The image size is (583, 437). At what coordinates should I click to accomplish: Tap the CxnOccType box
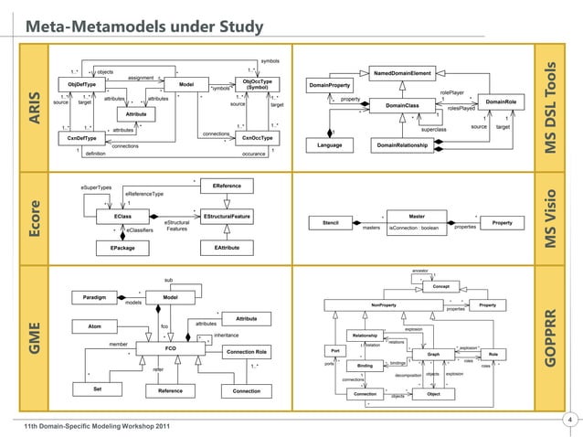tap(260, 137)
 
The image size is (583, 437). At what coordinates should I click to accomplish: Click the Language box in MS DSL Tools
tap(329, 145)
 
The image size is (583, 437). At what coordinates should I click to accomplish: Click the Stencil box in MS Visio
tap(332, 221)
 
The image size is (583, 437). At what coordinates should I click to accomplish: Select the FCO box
tap(169, 348)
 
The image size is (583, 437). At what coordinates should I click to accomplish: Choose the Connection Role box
tap(246, 352)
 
